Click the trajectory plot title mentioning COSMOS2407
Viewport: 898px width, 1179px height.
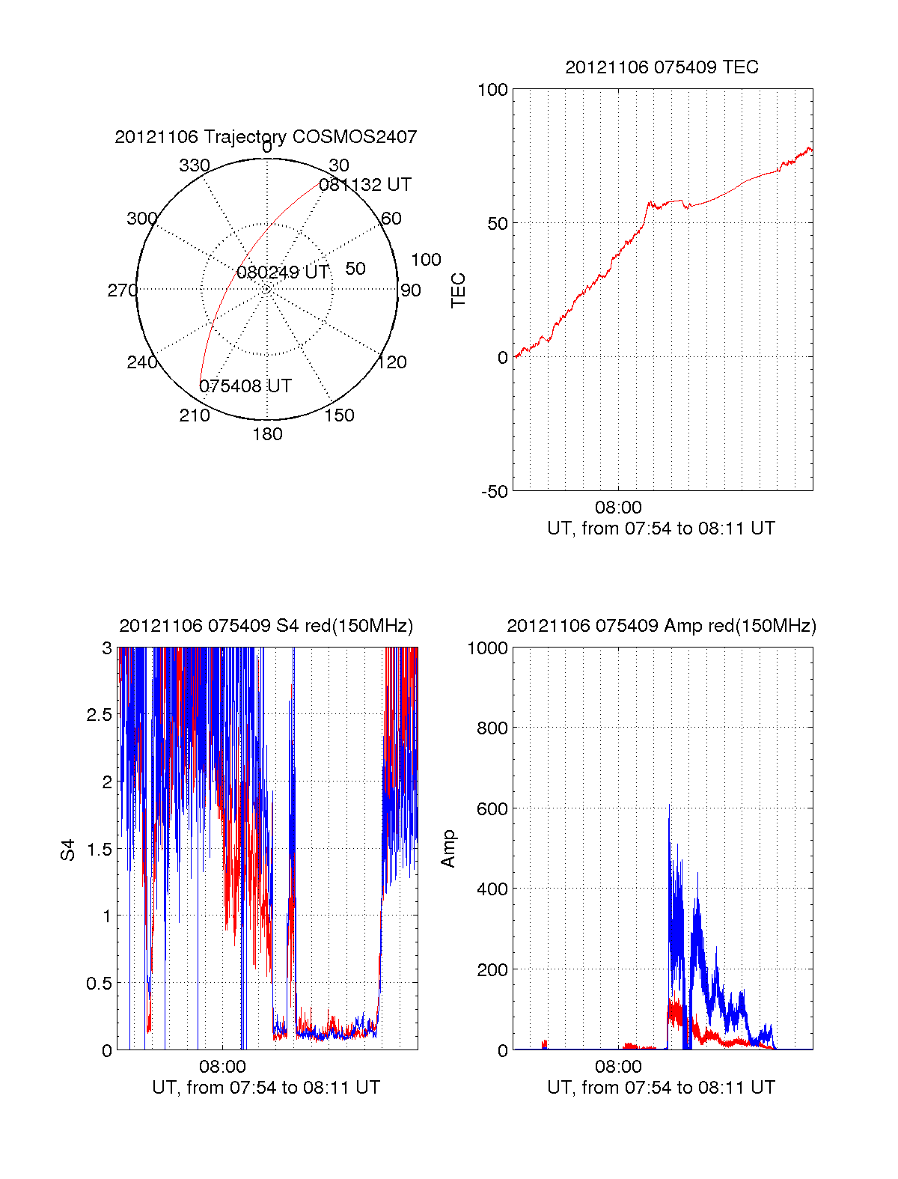coord(266,136)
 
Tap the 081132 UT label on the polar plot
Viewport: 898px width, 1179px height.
coord(365,185)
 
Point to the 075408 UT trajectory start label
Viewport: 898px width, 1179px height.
coord(245,386)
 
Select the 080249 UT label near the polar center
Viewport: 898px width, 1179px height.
coord(283,272)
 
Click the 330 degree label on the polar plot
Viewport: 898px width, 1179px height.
coord(195,165)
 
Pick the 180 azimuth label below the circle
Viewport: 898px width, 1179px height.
coord(267,434)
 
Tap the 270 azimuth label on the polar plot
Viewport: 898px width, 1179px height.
coord(123,290)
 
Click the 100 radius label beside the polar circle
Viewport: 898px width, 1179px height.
coord(426,260)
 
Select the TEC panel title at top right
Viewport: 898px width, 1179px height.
coord(662,67)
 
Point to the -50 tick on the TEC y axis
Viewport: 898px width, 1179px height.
coord(495,492)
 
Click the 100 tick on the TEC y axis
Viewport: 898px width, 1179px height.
coord(492,90)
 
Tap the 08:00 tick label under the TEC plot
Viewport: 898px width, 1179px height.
coord(618,507)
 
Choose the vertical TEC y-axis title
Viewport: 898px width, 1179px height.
coord(458,290)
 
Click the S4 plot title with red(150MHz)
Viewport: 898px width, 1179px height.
coord(266,626)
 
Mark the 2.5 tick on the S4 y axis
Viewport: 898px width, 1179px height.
coord(99,715)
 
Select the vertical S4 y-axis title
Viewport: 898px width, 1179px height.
coord(67,850)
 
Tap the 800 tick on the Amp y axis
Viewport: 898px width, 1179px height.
coord(492,728)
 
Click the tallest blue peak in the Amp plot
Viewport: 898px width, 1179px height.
coord(669,805)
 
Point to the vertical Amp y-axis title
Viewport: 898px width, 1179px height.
coord(448,849)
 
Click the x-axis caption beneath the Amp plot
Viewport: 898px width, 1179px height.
coord(662,1087)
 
